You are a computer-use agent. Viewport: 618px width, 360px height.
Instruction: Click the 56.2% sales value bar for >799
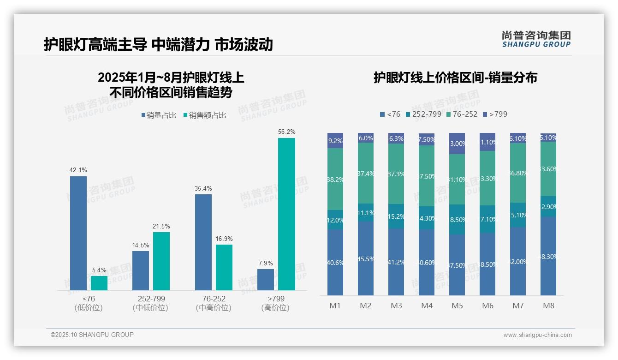286,214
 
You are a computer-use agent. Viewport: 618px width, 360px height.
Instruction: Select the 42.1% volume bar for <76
78,233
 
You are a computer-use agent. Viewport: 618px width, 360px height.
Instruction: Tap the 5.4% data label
99,270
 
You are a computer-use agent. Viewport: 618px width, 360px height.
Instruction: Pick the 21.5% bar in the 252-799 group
161,261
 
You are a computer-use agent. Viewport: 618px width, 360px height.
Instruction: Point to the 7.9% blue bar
266,280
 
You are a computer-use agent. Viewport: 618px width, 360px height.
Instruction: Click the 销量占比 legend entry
159,115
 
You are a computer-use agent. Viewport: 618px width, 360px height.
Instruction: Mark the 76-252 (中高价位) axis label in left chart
214,303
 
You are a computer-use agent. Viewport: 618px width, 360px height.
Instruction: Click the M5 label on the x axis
457,306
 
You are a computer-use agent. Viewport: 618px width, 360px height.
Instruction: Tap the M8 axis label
548,306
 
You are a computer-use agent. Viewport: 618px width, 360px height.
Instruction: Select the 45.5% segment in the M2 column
366,258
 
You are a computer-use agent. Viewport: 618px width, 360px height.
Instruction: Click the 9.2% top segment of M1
335,141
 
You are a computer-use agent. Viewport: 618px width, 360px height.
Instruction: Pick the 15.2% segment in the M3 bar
396,216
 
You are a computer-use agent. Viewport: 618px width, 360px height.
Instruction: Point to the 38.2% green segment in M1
335,179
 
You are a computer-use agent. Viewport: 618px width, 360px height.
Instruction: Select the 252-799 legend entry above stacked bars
423,114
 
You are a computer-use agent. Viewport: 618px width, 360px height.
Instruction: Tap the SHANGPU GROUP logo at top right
536,39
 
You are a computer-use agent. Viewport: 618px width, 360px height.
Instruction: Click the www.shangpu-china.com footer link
537,335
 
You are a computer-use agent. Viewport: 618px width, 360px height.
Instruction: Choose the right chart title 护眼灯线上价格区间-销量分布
455,78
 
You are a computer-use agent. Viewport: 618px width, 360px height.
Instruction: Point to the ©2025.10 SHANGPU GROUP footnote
92,335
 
